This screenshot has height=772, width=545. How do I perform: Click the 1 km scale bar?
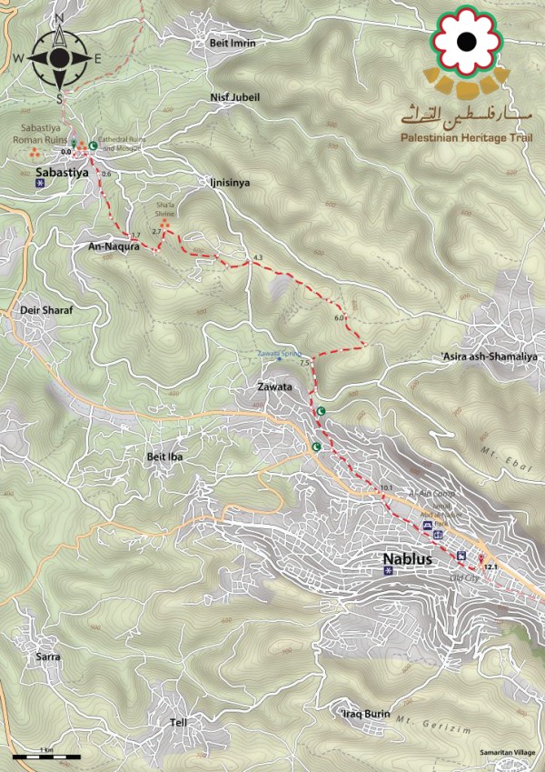click(46, 756)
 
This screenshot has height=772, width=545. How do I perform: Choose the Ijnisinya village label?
click(228, 183)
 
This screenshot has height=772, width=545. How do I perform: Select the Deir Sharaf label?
click(45, 310)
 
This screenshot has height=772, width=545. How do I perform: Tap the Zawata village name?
click(276, 387)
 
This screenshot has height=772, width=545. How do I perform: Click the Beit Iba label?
click(166, 456)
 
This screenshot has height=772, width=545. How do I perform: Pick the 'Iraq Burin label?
click(365, 714)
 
